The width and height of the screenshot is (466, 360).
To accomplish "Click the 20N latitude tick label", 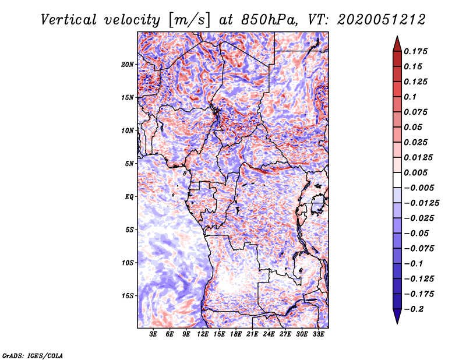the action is (128, 65).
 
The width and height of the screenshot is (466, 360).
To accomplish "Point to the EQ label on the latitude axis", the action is (129, 197).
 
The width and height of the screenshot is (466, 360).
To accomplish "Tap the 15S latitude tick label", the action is (128, 296).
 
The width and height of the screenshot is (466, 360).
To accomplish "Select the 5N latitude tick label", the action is (129, 164).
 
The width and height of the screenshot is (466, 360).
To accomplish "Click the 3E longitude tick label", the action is (153, 334).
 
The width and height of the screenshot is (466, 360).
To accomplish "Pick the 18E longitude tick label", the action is (236, 334).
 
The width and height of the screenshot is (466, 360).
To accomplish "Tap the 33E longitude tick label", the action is (318, 334).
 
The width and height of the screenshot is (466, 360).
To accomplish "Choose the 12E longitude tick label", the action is (203, 334).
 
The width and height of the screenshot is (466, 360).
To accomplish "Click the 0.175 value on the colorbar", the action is (415, 51).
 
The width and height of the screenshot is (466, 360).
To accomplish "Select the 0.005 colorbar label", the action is (415, 172).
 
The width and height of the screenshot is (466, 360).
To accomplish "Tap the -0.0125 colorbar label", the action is (422, 203).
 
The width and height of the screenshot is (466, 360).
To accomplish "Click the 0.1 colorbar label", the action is (410, 97).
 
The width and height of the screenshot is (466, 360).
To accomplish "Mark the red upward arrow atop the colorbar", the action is (397, 44).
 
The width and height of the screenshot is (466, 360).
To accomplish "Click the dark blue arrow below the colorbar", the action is (397, 316).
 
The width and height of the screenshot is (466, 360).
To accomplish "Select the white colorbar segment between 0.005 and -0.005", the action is (397, 180).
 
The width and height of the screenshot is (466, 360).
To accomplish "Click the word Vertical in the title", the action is (69, 20).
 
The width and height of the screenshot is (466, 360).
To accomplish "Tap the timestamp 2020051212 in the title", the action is (382, 20).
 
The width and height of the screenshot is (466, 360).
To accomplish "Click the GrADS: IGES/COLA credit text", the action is (33, 355).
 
